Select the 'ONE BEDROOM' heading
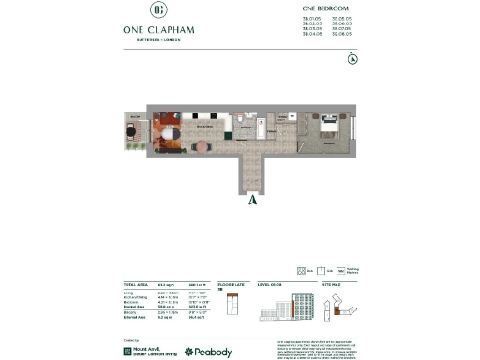[328, 8]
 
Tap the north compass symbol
[352, 60]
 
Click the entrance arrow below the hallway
[251, 199]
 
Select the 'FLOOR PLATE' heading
[231, 283]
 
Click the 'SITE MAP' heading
[333, 283]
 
